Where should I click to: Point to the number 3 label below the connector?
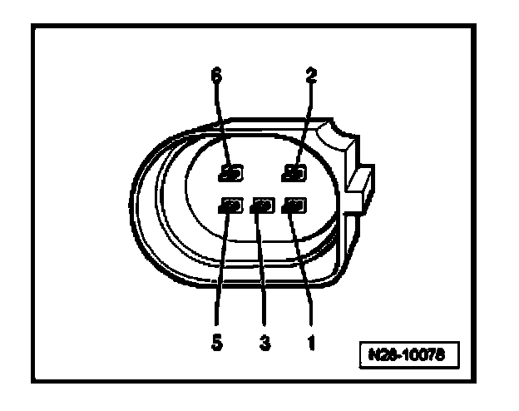[264, 342]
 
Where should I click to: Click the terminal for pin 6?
[230, 174]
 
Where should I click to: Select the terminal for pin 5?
[230, 205]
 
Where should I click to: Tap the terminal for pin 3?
[264, 205]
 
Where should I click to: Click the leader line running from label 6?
[220, 125]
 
